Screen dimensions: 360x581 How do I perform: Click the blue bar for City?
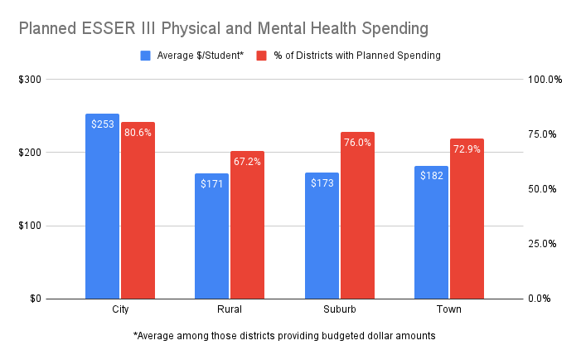(102, 207)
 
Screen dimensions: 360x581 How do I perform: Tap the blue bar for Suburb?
(322, 236)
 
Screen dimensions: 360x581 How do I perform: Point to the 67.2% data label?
(247, 162)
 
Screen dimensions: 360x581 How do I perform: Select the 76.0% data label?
(357, 143)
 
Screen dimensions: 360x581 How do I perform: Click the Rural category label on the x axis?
(230, 309)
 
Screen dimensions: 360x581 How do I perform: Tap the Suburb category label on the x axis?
(339, 309)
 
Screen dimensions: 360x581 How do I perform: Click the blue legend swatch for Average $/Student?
(145, 56)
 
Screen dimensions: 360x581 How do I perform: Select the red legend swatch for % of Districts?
(260, 56)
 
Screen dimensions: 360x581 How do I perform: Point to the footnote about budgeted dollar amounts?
(283, 336)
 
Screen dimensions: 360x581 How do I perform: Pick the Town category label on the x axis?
(449, 309)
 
